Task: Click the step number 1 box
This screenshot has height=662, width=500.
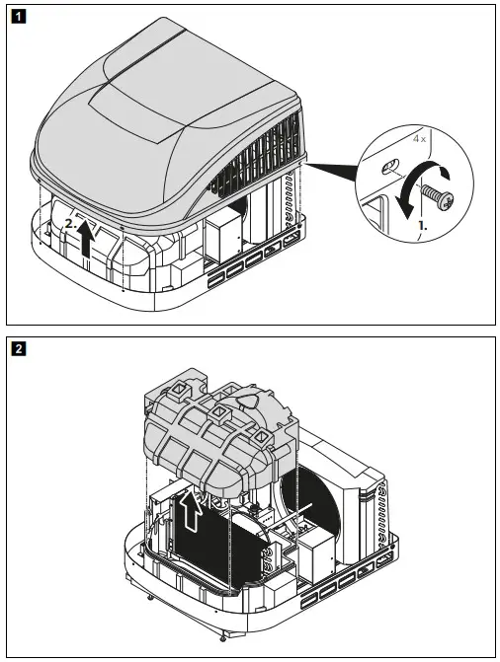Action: (17, 17)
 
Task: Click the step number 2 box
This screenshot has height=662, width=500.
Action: (17, 347)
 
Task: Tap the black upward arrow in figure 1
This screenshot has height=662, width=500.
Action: (88, 240)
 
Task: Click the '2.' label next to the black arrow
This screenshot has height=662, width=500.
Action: (70, 225)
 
